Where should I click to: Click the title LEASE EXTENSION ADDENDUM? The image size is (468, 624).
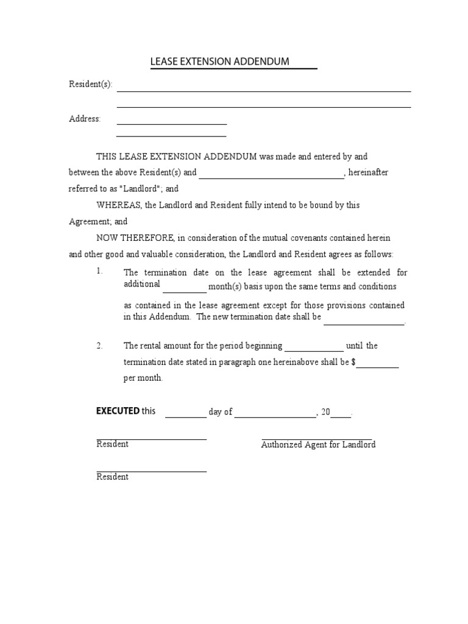tap(220, 62)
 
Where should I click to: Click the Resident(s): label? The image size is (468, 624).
tap(91, 85)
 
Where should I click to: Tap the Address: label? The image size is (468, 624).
tap(85, 119)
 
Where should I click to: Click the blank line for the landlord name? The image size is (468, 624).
tap(271, 177)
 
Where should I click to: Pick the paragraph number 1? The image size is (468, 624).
tap(99, 271)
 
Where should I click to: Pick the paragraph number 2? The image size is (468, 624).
tap(99, 346)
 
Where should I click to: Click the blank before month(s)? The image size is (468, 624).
tap(185, 291)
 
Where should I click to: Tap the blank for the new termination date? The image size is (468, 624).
tap(364, 324)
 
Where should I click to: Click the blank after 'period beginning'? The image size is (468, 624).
tap(314, 350)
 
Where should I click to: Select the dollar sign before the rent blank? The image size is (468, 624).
tap(353, 362)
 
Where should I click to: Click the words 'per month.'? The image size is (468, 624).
tap(143, 378)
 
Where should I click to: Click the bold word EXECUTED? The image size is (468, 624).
tap(118, 411)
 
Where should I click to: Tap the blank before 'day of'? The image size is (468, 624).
tap(186, 417)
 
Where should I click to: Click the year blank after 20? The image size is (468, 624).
tap(341, 416)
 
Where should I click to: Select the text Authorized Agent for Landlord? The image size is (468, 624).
tap(318, 445)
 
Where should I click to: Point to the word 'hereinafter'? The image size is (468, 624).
tap(368, 172)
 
